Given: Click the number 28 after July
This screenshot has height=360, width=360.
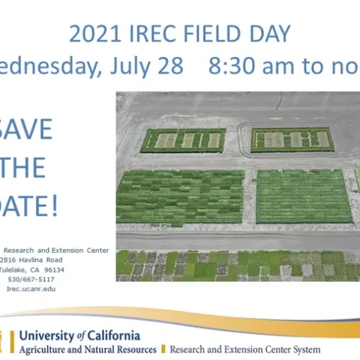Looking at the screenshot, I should pos(169,66).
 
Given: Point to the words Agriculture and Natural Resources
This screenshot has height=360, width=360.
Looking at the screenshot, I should pos(88,349).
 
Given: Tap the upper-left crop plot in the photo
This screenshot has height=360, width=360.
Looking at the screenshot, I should pos(183,139).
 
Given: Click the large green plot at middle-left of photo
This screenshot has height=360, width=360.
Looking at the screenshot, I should pos(180,196).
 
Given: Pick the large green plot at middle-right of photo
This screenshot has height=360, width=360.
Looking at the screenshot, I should pos(304,196).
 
